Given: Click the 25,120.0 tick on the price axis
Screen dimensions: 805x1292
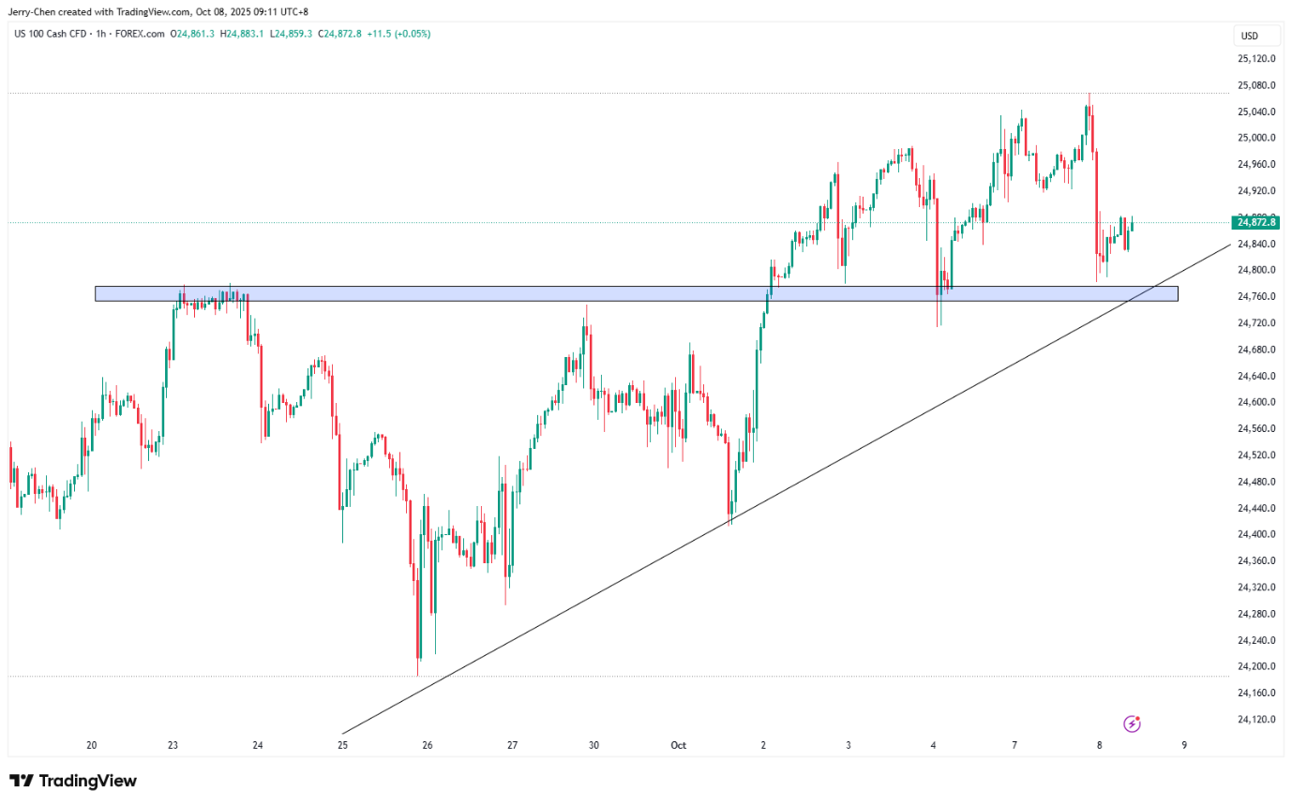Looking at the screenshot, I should [1256, 58].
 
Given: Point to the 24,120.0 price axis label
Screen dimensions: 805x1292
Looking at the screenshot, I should [1256, 720].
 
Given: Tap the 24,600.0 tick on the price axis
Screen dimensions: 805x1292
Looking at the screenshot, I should [1256, 402].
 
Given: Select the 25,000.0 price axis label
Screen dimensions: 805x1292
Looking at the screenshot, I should [1256, 138].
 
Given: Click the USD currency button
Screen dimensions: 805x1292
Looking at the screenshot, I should [1249, 37].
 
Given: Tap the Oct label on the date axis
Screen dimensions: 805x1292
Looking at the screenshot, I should [679, 746].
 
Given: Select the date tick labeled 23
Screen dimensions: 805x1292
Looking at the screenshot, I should [173, 746].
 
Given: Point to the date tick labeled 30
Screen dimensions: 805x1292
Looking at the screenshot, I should [594, 746].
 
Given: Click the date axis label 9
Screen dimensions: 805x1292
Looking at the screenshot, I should [1184, 746].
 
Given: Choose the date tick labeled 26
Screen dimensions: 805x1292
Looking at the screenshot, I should [428, 746].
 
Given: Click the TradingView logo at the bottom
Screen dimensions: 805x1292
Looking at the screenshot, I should [73, 781].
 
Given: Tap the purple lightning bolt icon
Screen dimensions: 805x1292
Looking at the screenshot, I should [1133, 723].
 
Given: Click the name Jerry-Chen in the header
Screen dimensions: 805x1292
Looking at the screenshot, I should [37, 11].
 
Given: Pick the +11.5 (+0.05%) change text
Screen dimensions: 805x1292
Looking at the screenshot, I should [400, 34].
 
